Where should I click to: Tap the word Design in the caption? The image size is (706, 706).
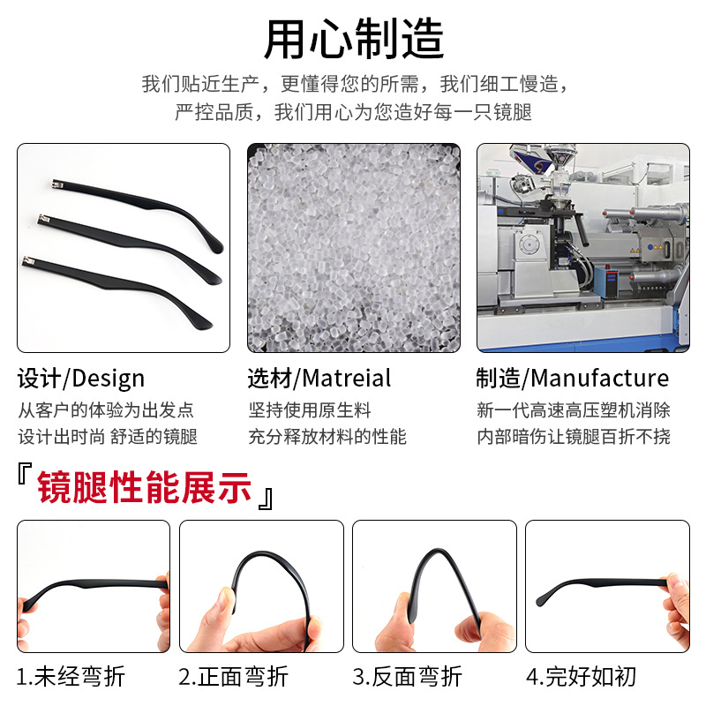[x=108, y=379]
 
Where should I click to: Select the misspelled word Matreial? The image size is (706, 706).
[x=347, y=379]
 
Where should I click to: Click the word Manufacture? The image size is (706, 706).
[x=599, y=379]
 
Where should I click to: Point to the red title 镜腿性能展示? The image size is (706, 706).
[x=145, y=488]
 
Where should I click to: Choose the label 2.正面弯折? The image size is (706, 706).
[x=234, y=677]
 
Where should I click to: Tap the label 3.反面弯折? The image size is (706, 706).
[x=408, y=677]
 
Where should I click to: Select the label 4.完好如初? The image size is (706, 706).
[x=582, y=677]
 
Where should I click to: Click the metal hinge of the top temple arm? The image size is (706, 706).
[x=58, y=184]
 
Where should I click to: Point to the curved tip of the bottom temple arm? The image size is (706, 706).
[x=205, y=320]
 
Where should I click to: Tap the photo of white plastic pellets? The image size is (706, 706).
[x=353, y=248]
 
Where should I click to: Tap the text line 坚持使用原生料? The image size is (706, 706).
[x=310, y=410]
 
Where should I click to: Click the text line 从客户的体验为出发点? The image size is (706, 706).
[x=106, y=410]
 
